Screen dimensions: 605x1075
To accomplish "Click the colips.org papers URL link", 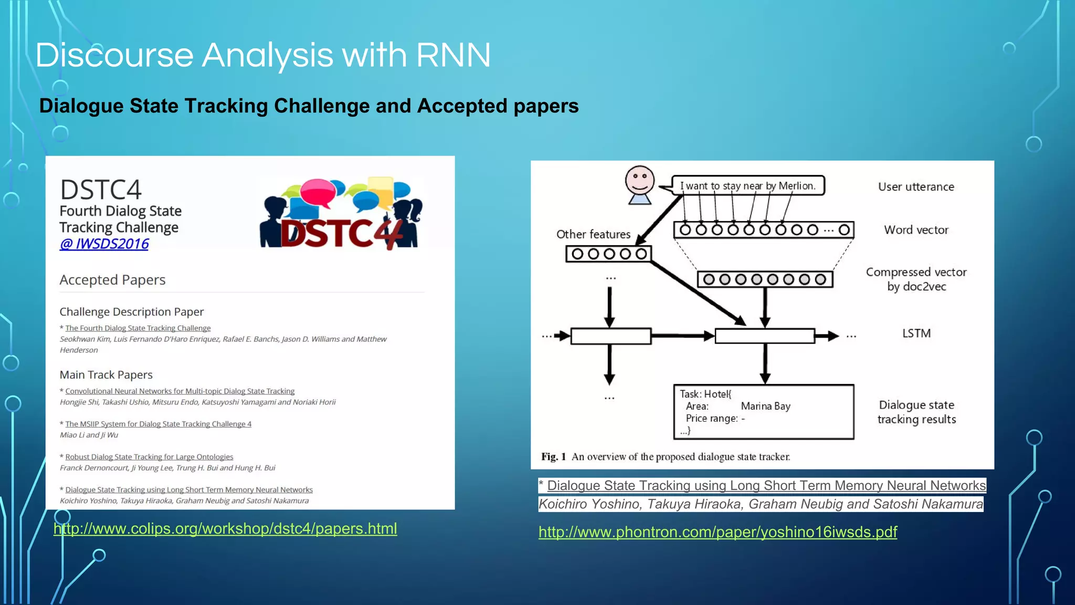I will click(225, 529).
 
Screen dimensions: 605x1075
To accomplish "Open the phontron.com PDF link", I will click(718, 532).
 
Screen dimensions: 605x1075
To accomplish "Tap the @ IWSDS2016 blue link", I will click(104, 244).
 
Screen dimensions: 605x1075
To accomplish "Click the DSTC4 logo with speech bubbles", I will click(341, 214).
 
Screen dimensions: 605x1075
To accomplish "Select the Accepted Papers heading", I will click(112, 280).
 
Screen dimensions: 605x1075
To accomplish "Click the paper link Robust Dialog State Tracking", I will click(149, 457).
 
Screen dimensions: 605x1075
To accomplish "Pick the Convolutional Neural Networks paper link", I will click(180, 391).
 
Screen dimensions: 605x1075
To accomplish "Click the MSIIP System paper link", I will click(158, 424).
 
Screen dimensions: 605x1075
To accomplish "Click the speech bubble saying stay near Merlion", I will click(747, 186).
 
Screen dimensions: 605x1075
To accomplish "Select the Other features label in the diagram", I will click(593, 234).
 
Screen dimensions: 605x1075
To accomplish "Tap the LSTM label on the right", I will click(916, 333).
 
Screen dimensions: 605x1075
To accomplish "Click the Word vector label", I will click(916, 230).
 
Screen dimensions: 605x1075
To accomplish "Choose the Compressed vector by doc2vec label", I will click(916, 279).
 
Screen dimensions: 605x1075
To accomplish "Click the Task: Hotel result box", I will click(763, 412).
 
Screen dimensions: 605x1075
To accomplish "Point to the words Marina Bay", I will click(765, 406).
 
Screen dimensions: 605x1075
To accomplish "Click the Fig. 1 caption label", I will click(553, 457).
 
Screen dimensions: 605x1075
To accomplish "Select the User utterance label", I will click(916, 187).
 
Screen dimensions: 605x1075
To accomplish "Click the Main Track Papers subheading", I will click(106, 375).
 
